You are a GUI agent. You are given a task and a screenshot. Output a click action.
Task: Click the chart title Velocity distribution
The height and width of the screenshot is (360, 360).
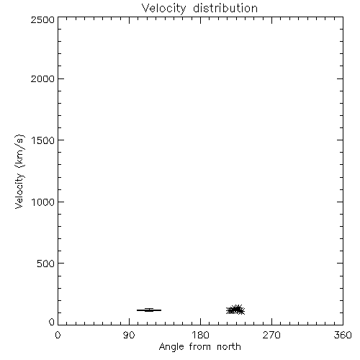point(199,9)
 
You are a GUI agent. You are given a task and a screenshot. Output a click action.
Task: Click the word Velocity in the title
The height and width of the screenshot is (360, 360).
point(163,9)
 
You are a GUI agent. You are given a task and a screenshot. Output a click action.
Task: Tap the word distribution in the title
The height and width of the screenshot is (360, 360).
point(225,8)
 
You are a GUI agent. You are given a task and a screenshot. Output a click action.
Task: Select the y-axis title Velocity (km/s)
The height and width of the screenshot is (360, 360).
point(19,171)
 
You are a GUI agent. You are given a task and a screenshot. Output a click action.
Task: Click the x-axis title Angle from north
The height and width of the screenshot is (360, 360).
point(199,347)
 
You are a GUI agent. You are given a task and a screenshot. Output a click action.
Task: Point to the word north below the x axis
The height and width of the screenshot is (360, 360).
point(229,347)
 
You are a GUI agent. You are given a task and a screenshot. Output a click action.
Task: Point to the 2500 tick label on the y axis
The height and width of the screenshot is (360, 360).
point(42,20)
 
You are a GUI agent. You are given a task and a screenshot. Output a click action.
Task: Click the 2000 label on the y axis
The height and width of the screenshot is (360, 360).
point(42,78)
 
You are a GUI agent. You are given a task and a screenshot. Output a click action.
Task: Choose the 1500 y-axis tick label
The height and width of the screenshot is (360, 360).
point(43,140)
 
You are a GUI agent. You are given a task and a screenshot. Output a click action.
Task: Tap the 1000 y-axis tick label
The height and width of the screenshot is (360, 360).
point(43,202)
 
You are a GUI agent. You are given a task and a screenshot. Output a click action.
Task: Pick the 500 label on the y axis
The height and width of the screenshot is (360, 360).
point(46,264)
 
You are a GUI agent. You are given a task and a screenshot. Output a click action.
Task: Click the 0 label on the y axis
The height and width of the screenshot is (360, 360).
point(52,322)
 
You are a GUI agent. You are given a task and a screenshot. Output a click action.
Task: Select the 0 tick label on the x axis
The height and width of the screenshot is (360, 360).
point(58,335)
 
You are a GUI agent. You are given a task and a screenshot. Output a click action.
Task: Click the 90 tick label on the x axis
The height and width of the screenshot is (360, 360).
point(129,335)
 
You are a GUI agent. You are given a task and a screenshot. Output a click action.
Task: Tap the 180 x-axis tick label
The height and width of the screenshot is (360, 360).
point(200,335)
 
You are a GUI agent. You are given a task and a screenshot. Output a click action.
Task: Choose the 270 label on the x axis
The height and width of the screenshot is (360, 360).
point(271,335)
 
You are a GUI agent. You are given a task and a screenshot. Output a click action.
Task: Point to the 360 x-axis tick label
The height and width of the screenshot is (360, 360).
point(343,335)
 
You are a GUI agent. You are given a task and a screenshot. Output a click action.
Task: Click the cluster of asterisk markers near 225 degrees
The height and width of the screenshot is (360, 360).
point(235,310)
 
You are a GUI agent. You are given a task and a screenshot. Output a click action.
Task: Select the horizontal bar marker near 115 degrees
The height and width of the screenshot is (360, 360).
point(149,310)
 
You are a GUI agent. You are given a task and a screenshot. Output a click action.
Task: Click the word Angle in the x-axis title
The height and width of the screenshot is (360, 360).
point(171,348)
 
